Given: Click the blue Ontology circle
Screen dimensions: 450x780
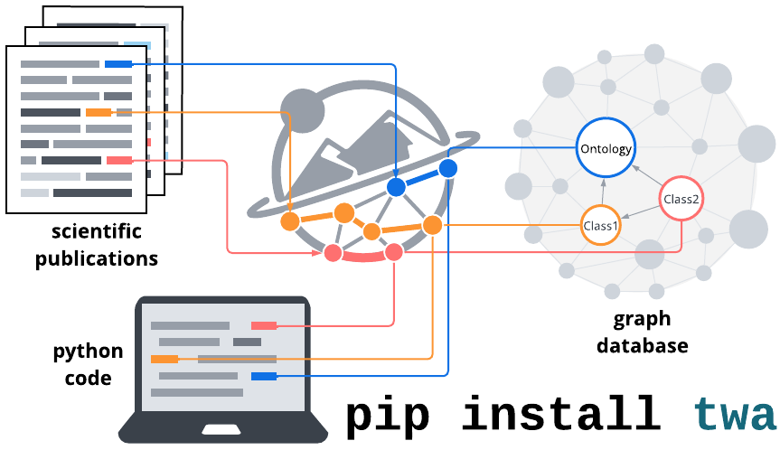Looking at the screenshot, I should coord(606,148).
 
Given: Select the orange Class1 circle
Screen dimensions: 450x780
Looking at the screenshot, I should coord(600,225).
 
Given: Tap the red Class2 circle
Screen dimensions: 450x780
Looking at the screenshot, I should coord(681,199).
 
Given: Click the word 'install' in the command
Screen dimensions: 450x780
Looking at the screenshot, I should coord(560,415).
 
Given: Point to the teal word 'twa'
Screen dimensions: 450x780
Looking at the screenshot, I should coord(735,415).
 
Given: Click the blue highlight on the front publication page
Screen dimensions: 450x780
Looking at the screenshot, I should coord(118,64).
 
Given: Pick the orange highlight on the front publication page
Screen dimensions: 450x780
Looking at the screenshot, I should coord(99,113).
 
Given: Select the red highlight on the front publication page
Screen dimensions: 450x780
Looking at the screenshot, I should coord(119,161).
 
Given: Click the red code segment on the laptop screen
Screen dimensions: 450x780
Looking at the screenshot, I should coord(264,325).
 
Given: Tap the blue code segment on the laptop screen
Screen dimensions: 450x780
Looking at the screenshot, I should coord(264,376).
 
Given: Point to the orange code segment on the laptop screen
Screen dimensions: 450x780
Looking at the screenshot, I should coord(164,360).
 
